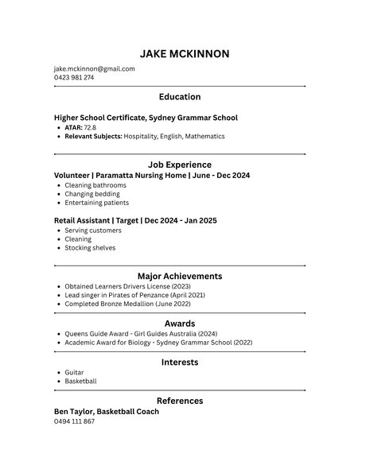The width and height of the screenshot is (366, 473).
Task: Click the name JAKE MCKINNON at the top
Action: point(184,54)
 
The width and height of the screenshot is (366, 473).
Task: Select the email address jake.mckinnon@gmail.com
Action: point(94,68)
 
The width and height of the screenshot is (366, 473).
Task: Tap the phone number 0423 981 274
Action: point(74,78)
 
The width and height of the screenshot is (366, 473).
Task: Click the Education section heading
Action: point(180,97)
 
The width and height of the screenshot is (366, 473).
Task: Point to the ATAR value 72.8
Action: point(90,127)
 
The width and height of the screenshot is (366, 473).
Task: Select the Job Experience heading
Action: point(180,165)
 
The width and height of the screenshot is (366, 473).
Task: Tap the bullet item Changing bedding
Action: point(92,193)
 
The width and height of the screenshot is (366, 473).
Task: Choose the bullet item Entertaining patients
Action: point(96,203)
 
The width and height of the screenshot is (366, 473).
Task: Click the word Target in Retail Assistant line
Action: point(125,220)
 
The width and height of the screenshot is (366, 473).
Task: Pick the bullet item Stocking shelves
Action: point(90,247)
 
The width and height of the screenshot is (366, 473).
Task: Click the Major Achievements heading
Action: point(180,277)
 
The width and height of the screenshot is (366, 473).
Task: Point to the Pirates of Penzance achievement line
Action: point(134,295)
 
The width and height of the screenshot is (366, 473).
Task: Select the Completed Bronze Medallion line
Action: point(127,304)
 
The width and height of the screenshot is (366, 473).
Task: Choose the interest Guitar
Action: point(74,372)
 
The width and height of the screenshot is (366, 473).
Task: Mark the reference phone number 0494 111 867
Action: point(74,421)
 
